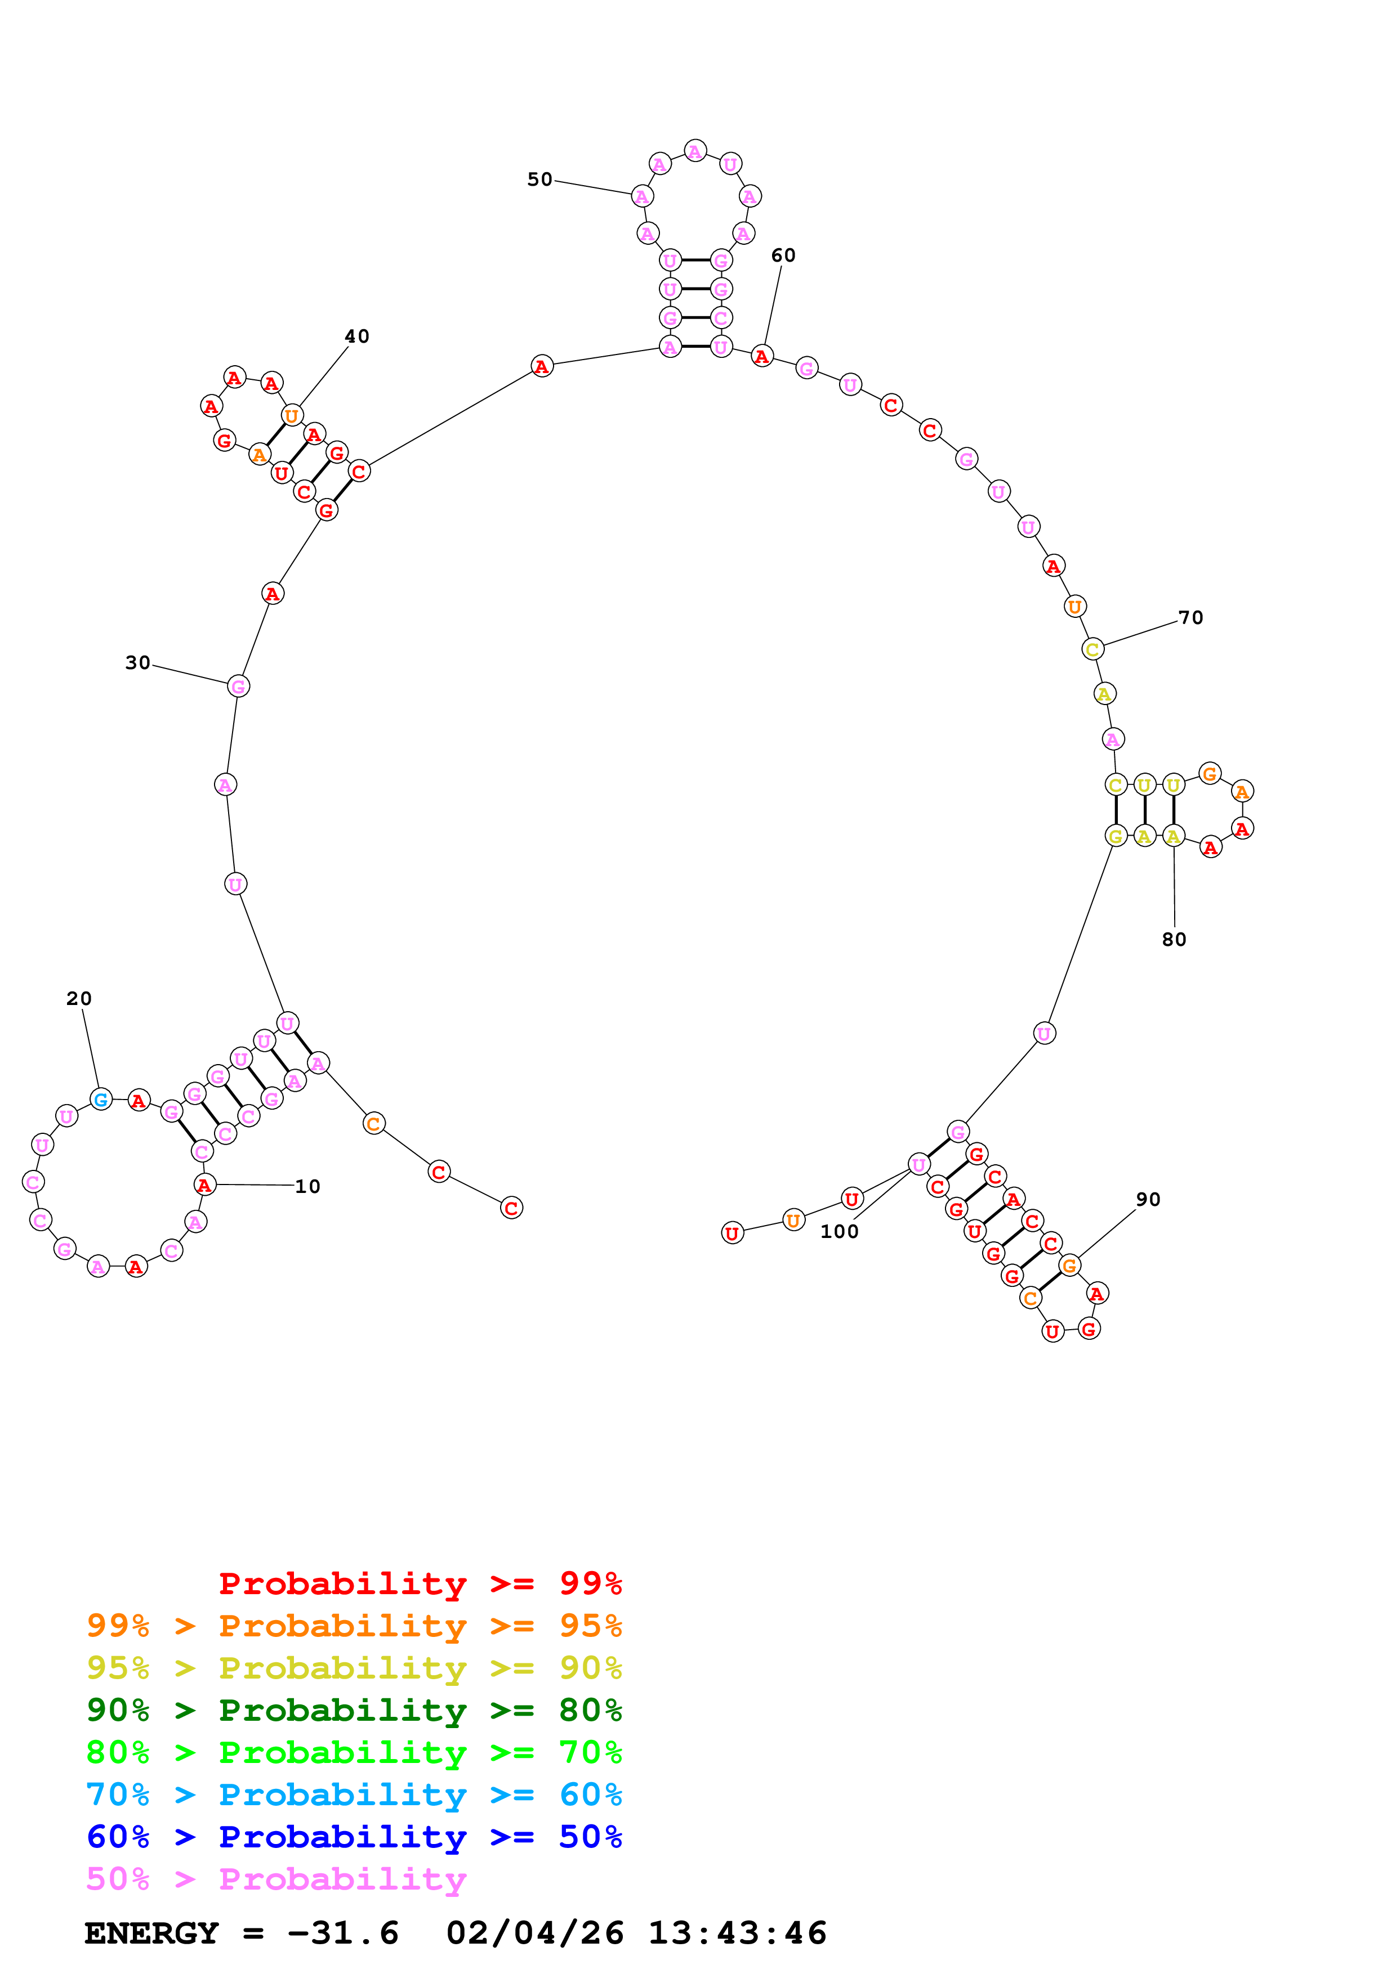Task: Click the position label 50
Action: click(x=539, y=179)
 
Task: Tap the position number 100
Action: click(x=839, y=1231)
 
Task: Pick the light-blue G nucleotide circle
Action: click(x=101, y=1099)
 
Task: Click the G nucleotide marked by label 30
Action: click(x=238, y=686)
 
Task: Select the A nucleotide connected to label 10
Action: click(x=204, y=1185)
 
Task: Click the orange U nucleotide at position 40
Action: click(x=292, y=416)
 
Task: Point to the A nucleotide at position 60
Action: click(x=761, y=356)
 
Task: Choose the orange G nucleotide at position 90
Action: click(x=1069, y=1265)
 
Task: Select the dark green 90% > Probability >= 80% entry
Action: click(x=354, y=1710)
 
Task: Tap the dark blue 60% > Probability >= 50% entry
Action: click(x=354, y=1837)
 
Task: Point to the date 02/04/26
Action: click(x=534, y=1933)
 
